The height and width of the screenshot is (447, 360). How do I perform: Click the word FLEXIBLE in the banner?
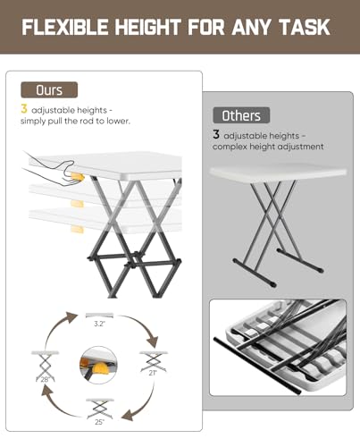click(x=65, y=27)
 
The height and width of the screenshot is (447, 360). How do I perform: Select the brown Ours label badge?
click(x=49, y=89)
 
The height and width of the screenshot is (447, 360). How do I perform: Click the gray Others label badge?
click(x=241, y=115)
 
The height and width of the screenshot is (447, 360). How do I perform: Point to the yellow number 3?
click(x=24, y=109)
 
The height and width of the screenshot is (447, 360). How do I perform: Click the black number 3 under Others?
click(x=216, y=134)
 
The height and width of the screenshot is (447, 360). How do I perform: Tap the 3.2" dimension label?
click(x=99, y=324)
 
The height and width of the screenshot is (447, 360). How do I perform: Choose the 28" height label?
click(x=45, y=379)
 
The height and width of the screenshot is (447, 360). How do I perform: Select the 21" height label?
click(x=153, y=373)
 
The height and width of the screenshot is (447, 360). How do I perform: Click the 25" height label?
click(x=99, y=422)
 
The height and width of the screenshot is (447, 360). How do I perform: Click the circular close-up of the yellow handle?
click(x=98, y=365)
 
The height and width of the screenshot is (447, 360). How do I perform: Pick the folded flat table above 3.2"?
click(x=99, y=316)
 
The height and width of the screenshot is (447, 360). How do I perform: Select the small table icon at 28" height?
click(x=45, y=367)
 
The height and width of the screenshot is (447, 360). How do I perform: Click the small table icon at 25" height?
click(x=100, y=409)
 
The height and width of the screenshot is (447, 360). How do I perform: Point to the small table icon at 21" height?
click(x=154, y=361)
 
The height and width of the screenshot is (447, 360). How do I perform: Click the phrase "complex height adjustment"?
click(x=268, y=147)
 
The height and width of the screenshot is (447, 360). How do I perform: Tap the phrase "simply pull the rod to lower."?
click(x=75, y=121)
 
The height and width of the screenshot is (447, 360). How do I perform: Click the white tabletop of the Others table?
click(x=278, y=172)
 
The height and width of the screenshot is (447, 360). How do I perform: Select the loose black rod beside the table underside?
click(x=257, y=366)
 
